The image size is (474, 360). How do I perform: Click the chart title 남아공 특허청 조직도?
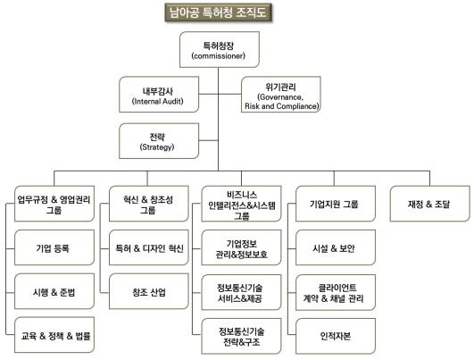tap(218, 13)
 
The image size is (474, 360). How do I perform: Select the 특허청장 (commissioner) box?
tap(220, 50)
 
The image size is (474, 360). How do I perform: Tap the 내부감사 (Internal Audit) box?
tap(159, 95)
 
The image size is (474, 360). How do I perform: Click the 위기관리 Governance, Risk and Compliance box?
tap(281, 95)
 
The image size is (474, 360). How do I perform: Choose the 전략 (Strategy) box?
tap(159, 141)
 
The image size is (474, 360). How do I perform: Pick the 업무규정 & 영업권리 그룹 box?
tap(54, 204)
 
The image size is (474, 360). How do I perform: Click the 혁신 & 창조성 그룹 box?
tap(149, 204)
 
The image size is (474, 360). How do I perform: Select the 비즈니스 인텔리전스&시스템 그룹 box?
tap(242, 204)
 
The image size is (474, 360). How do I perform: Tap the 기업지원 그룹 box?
tap(336, 204)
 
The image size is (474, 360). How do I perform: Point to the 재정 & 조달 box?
tap(430, 204)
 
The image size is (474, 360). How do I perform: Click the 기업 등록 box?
tap(54, 247)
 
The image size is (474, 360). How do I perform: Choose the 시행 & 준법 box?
tap(54, 291)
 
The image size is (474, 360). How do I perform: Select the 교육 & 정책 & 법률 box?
tap(54, 335)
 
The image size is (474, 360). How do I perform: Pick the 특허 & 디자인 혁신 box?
tap(149, 247)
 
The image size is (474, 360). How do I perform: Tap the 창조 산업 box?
tap(149, 291)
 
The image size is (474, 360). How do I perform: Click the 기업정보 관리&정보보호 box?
tap(242, 247)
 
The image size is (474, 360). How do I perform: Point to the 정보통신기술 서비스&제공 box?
tap(242, 292)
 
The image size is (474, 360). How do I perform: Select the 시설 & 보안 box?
tap(336, 247)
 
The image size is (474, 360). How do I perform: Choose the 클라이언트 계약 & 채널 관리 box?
tap(336, 292)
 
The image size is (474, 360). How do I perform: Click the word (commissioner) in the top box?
tap(219, 56)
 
